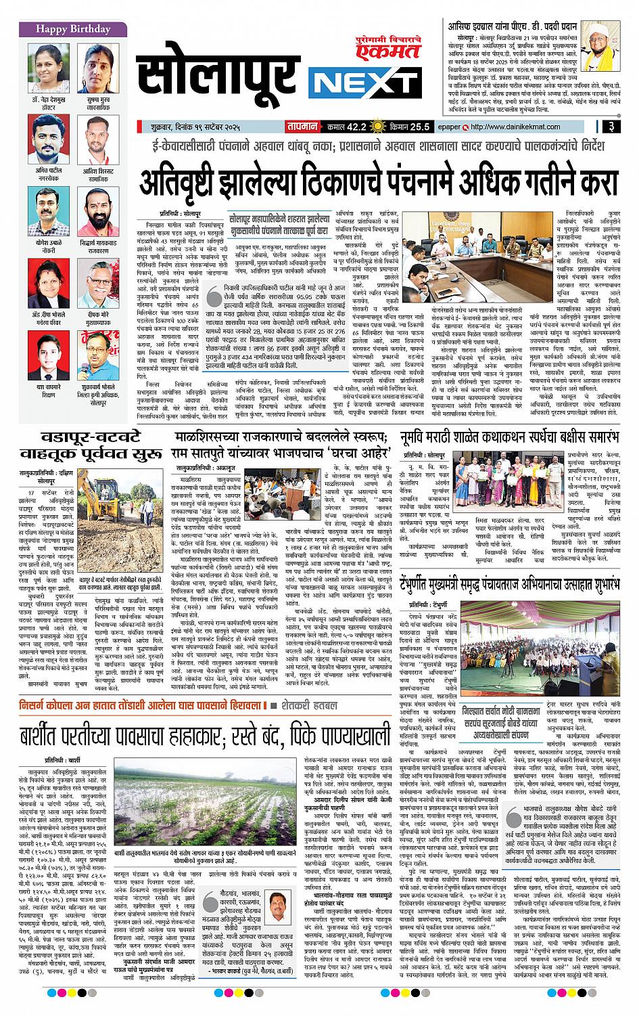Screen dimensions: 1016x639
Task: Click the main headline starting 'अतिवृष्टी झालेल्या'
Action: tap(379, 181)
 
